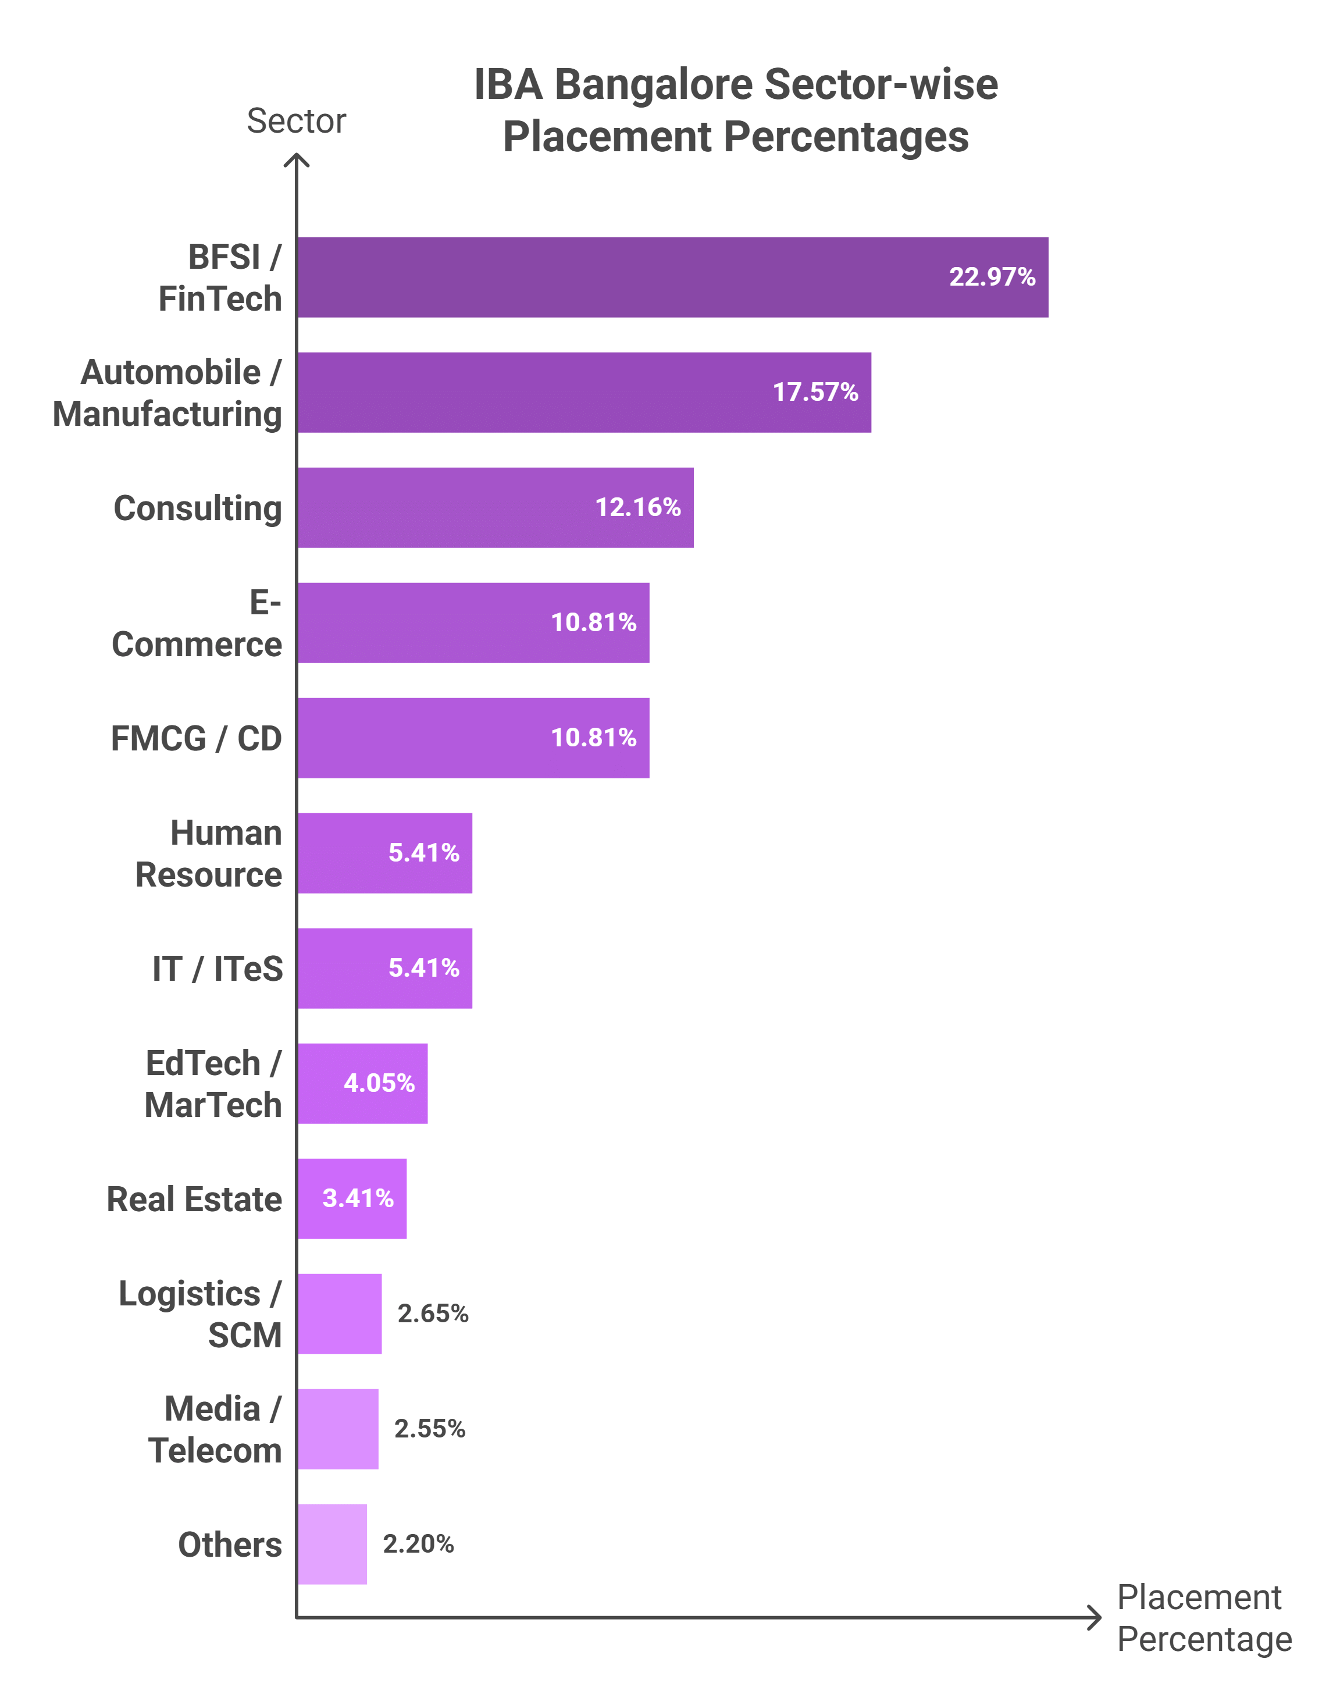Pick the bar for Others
pyautogui.click(x=332, y=1543)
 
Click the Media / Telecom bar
pyautogui.click(x=337, y=1429)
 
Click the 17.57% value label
pyautogui.click(x=815, y=392)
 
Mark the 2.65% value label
pyautogui.click(x=433, y=1313)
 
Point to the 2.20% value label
pyautogui.click(x=418, y=1543)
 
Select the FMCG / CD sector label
pyautogui.click(x=196, y=738)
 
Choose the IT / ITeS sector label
pyautogui.click(x=217, y=969)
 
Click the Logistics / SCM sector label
pyautogui.click(x=200, y=1314)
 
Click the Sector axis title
pyautogui.click(x=296, y=121)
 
